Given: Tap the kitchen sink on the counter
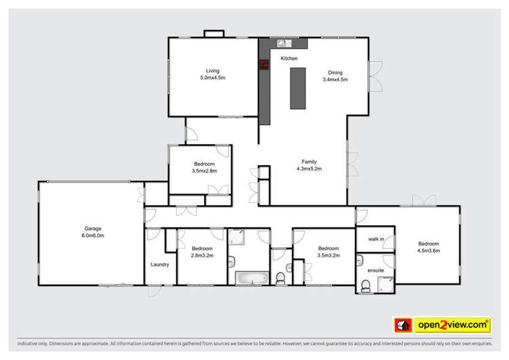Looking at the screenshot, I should pyautogui.click(x=280, y=44).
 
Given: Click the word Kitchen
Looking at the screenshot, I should pyautogui.click(x=290, y=58).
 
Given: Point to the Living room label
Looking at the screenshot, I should pyautogui.click(x=213, y=71).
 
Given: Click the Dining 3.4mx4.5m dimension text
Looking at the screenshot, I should pyautogui.click(x=335, y=79).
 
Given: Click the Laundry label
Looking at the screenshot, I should pyautogui.click(x=159, y=264).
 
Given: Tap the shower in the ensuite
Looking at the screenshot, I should pyautogui.click(x=388, y=287).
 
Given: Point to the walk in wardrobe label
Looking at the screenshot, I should pyautogui.click(x=377, y=239).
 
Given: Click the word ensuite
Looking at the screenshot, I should pyautogui.click(x=375, y=270).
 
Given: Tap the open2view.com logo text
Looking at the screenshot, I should pyautogui.click(x=453, y=324).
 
